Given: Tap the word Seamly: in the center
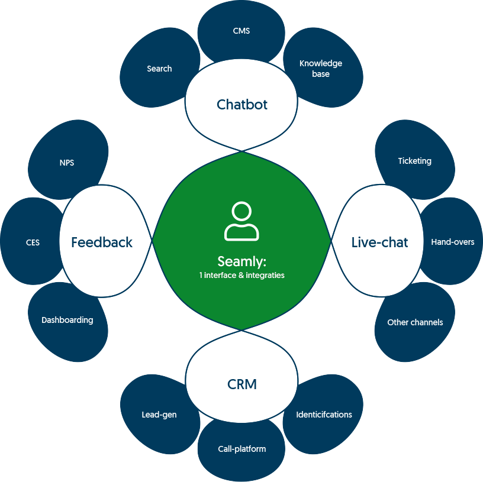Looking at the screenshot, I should [x=241, y=261].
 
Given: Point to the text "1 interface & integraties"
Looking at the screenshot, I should [x=241, y=275].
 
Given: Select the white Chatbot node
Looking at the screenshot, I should [x=241, y=105].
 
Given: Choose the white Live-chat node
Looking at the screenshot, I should [x=379, y=242].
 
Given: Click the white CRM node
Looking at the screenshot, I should [x=241, y=384].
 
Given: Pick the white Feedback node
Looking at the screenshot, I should [x=102, y=242].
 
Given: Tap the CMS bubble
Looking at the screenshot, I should [x=241, y=31].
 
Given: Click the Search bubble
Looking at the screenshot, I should [x=159, y=69].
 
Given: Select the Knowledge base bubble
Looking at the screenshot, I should [x=321, y=69].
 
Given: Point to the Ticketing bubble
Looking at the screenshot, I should [x=414, y=161].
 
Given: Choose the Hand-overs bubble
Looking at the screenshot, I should [x=452, y=242].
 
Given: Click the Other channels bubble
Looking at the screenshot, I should [x=415, y=322].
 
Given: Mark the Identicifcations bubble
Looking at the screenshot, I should [x=324, y=415].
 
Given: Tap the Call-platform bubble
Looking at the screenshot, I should [x=241, y=449].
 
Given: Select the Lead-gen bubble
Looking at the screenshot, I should [x=159, y=415].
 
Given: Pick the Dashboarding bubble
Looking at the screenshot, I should [x=67, y=320].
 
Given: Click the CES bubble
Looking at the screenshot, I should [x=33, y=242].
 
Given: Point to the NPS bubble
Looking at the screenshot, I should [x=67, y=163].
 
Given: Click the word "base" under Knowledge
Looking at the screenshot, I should [x=321, y=75].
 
